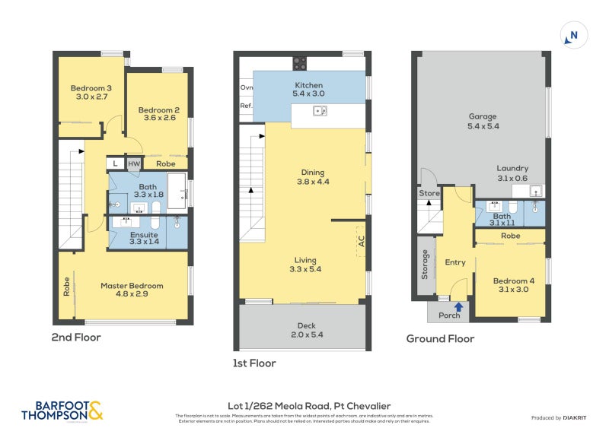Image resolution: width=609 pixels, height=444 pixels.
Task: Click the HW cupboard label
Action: coord(134,163)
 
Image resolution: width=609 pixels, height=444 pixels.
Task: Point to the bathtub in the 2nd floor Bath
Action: coord(176,190)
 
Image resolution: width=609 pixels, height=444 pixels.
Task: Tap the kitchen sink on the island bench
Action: coord(320,113)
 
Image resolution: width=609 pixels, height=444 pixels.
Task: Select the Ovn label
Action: coord(246,87)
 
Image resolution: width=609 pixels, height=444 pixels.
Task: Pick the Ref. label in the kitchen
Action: coord(246,106)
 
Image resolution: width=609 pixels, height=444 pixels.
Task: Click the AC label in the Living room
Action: coord(361,240)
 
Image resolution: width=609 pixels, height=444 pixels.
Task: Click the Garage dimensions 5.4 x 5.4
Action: coord(483,126)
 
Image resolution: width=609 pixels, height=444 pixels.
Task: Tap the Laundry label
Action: coord(512,169)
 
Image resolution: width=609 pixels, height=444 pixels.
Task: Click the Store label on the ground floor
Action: coord(429,194)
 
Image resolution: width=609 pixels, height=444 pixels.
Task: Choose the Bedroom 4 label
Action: coord(514,281)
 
